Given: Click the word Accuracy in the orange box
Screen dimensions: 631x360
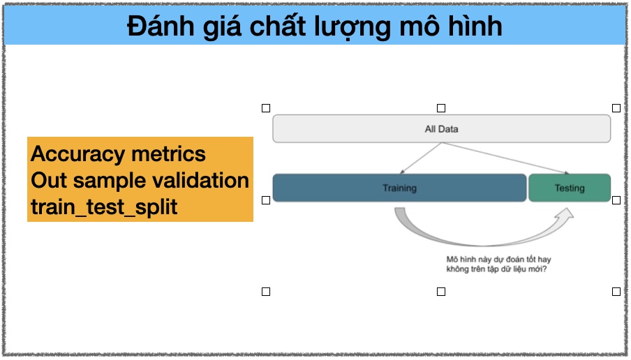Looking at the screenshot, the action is pos(77,155).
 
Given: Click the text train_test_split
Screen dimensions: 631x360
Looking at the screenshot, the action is pos(104,207).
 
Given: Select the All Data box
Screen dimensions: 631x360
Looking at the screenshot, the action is pos(441,128).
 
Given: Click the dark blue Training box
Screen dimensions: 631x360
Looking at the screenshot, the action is pos(399,188).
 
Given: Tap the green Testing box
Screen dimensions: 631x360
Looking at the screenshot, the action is pos(570,188).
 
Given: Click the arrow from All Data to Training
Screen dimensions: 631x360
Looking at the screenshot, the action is pos(420,158).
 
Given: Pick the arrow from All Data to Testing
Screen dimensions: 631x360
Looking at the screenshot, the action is pos(506,158).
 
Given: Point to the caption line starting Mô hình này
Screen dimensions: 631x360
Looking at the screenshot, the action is pos(498,260).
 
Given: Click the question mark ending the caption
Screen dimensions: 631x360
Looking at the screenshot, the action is pos(544,269).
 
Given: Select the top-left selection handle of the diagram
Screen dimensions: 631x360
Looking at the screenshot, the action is pos(266,108).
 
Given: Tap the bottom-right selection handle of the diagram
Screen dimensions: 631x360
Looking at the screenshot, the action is pos(616,292).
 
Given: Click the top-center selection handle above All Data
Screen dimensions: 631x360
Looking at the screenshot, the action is pos(441,108).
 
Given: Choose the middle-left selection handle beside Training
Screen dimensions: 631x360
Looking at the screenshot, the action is pos(266,200).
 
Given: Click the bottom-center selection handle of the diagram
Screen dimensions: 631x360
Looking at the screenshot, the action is pos(441,292).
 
